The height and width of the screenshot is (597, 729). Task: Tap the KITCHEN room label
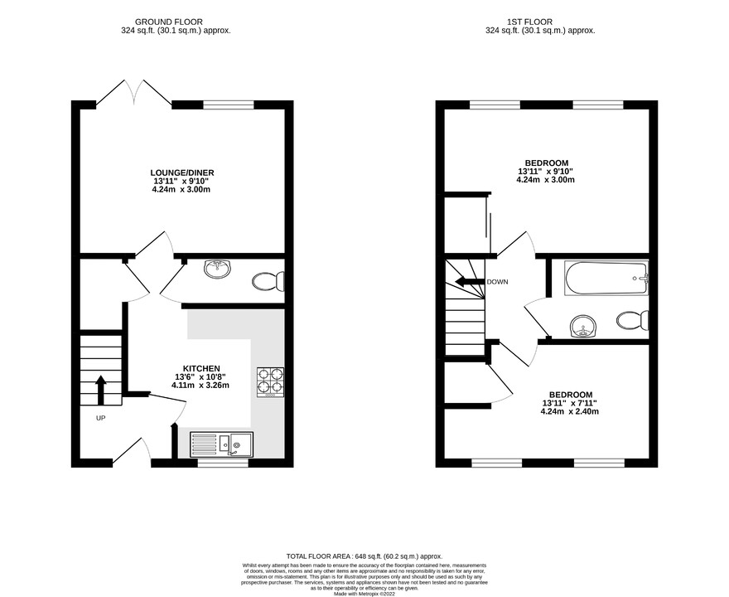(201, 367)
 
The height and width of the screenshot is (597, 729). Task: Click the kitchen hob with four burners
(270, 381)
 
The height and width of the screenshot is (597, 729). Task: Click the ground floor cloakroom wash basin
(217, 267)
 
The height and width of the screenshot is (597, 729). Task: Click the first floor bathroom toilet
(634, 320)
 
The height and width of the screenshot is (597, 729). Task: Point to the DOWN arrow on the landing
(469, 282)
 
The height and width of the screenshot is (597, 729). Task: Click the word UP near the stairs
(100, 418)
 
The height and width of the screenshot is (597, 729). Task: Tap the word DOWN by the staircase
(498, 282)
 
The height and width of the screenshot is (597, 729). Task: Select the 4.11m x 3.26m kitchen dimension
(200, 385)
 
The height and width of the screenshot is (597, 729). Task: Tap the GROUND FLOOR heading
(174, 22)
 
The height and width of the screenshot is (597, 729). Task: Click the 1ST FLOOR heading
(538, 22)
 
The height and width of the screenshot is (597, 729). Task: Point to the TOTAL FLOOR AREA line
(364, 556)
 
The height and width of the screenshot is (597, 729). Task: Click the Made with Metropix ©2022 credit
(364, 594)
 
